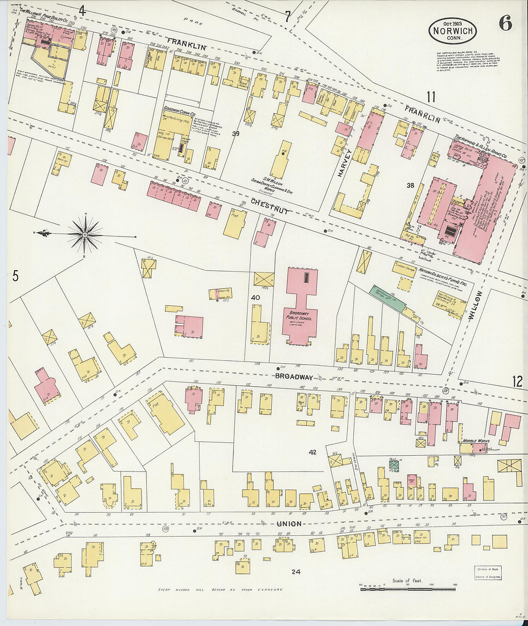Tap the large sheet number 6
coord(505,23)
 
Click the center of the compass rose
coord(85,235)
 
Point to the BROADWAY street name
coord(294,377)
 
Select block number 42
coord(312,452)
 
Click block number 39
coord(235,134)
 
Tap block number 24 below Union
coord(296,571)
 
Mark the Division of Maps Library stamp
coord(488,573)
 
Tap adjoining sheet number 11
coord(431,97)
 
